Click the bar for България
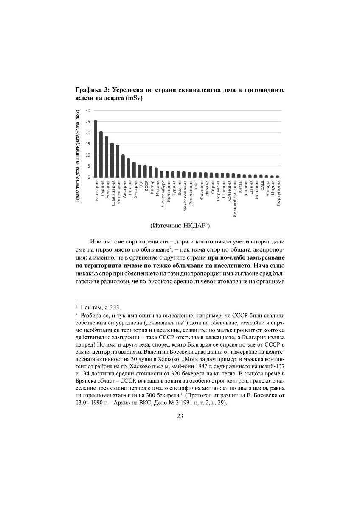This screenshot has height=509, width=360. click(x=96, y=149)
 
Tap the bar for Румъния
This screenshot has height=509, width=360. click(x=107, y=157)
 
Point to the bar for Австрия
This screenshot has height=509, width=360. click(x=123, y=166)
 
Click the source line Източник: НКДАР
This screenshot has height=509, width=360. click(x=180, y=225)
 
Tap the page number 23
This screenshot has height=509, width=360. click(x=180, y=416)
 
